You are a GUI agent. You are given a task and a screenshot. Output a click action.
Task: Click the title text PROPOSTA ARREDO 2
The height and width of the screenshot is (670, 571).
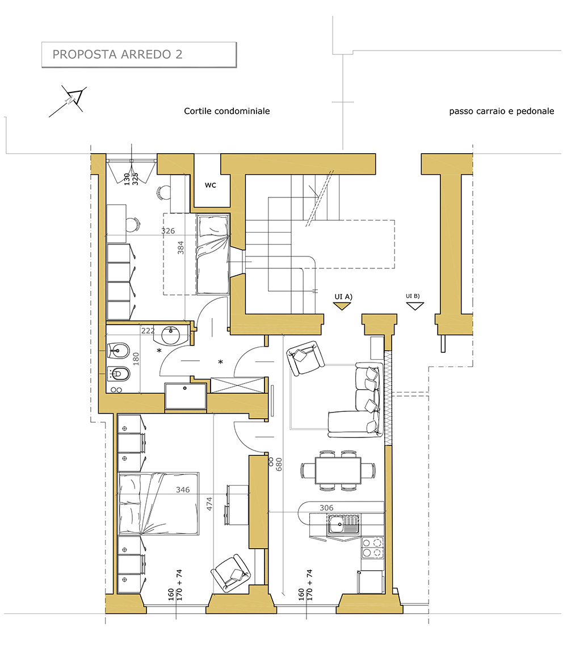117,54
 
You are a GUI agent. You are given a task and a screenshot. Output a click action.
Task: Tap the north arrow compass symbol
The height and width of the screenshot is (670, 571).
68,101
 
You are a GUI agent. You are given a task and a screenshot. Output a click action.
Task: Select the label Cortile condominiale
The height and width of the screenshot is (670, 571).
227,111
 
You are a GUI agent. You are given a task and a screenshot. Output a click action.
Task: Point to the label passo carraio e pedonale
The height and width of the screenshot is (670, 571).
501,111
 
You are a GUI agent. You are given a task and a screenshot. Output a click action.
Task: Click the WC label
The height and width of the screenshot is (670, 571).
210,185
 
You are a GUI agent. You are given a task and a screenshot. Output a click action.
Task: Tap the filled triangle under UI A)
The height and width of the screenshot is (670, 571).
342,306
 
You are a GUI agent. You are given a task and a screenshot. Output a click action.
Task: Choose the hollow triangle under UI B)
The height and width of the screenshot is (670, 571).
414,306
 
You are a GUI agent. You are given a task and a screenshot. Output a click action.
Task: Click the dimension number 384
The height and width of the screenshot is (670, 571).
181,248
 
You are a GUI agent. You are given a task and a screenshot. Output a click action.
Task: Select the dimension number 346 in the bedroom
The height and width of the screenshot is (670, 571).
183,490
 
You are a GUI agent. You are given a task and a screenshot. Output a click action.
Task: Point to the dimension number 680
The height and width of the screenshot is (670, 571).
279,465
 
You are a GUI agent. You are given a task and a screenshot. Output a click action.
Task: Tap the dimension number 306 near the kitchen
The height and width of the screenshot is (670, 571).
326,508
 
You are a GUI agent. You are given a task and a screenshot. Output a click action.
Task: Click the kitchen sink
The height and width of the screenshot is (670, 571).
343,524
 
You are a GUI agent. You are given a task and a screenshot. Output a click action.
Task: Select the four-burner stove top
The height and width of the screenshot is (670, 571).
373,548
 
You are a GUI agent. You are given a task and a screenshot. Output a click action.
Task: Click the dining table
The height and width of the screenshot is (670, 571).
338,470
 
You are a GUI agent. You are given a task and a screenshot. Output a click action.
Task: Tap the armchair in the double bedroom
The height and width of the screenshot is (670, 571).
231,573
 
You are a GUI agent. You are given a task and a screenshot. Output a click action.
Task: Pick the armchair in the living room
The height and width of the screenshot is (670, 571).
305,357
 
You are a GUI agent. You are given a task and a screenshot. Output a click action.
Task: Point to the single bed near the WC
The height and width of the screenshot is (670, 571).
213,254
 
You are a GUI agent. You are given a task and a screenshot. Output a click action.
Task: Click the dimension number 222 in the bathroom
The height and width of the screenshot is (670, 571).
148,331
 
